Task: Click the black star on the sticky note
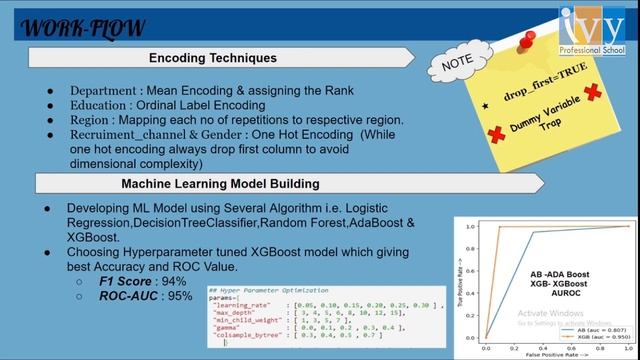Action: (x=486, y=104)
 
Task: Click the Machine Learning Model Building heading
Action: (x=221, y=184)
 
